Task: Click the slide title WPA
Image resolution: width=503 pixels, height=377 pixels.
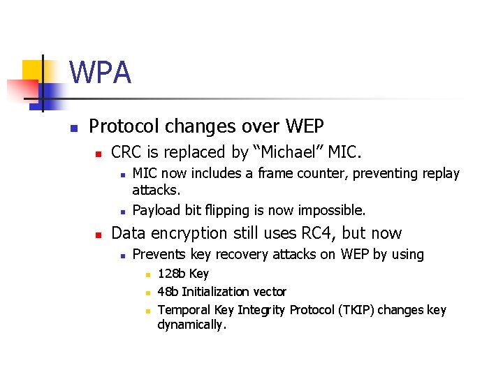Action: click(x=100, y=73)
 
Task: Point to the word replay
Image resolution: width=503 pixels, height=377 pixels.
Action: click(x=440, y=174)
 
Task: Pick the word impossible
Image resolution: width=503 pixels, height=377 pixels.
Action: click(x=332, y=210)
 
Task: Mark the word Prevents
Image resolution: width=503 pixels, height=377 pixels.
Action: click(x=159, y=255)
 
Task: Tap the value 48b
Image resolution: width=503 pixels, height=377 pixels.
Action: click(x=168, y=292)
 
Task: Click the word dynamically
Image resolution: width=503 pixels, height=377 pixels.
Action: click(x=191, y=325)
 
